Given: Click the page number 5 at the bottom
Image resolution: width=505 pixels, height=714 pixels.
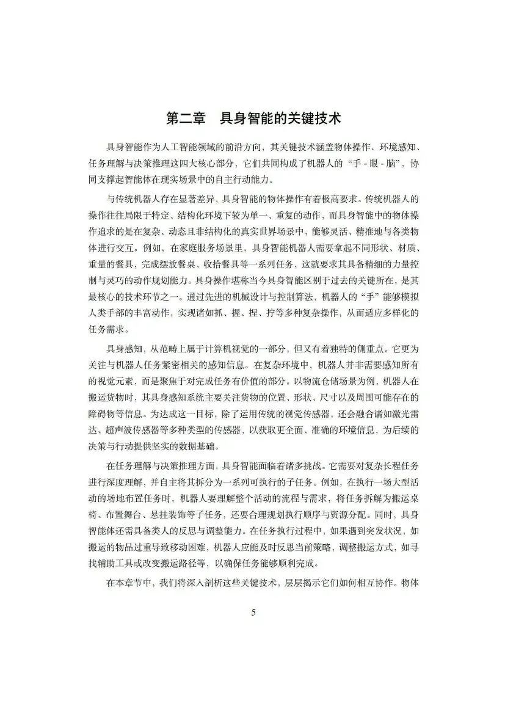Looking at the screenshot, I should coord(253,613).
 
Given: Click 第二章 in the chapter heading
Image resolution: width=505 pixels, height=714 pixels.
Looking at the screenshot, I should coord(186,118).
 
